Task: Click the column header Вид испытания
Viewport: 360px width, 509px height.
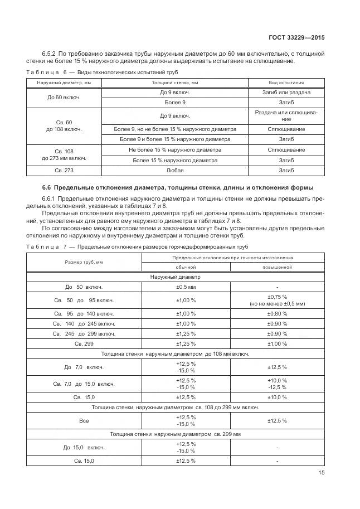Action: pos(286,83)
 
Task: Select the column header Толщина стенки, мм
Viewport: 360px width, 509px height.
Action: pos(176,83)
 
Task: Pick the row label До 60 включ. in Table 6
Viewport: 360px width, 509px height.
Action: pos(64,98)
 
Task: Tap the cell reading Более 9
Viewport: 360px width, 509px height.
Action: pos(176,103)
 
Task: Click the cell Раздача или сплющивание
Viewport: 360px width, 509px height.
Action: pos(286,116)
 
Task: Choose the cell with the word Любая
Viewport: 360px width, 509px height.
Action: pos(176,171)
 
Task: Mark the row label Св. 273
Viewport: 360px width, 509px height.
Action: pos(64,171)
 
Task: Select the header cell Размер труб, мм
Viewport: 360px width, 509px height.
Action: pos(84,262)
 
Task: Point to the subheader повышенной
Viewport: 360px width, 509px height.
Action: pos(277,267)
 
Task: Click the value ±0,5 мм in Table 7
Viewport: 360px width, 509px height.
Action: pos(186,287)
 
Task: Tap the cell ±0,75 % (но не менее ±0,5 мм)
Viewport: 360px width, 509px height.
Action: pos(277,300)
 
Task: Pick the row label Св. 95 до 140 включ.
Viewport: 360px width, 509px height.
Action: pos(84,313)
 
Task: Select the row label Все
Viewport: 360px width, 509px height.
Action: pos(84,420)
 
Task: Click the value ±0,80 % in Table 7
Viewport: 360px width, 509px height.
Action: pos(277,313)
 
